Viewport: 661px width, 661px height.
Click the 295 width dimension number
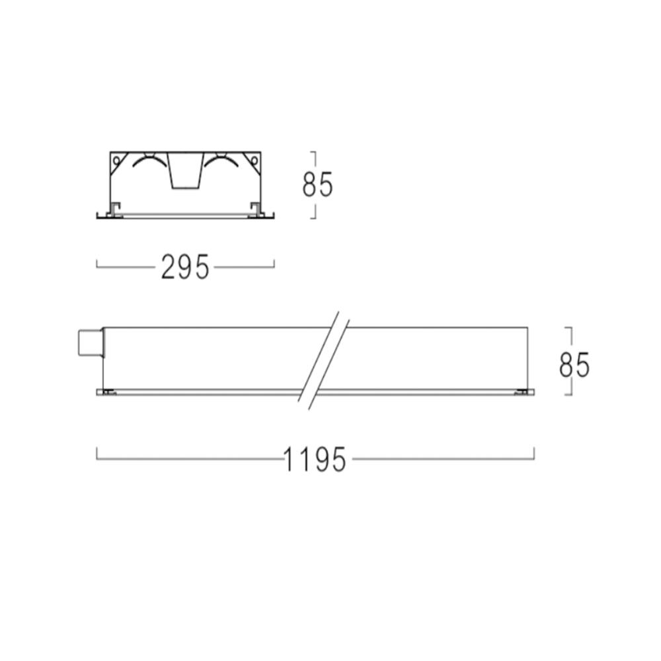coord(185,266)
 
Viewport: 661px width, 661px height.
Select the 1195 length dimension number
coord(315,459)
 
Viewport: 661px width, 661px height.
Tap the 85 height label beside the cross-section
coord(317,184)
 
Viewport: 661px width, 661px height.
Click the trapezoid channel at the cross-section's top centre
coord(184,170)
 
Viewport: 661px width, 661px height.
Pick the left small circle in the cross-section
coord(116,160)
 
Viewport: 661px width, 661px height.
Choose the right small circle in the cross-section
coord(254,160)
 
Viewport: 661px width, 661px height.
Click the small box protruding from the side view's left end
coord(90,343)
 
